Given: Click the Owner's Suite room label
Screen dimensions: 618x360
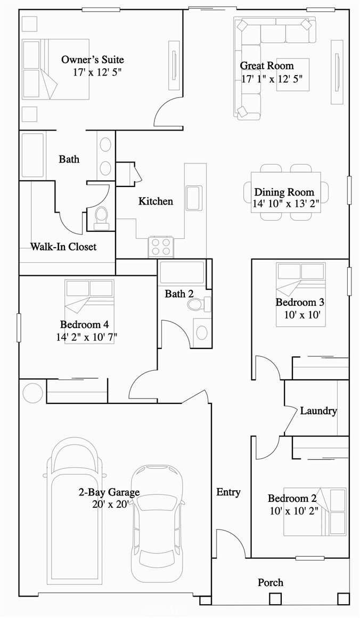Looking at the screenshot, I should (x=93, y=59).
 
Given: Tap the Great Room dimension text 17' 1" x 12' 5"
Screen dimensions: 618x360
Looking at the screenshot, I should (x=272, y=78).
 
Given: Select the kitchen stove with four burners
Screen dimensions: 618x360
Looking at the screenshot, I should (x=161, y=247).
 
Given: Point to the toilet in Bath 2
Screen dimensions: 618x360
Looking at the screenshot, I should (x=198, y=304).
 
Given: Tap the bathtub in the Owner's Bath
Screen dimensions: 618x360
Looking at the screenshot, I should (x=33, y=155).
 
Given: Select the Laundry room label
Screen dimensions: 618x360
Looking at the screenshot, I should (x=318, y=411).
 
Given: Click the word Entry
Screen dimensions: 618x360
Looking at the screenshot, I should (x=228, y=492).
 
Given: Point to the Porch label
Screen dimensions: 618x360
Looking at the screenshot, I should (x=271, y=582).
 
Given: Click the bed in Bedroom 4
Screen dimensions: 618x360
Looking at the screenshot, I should (x=89, y=311).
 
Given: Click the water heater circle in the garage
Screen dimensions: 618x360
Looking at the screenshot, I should (x=32, y=393).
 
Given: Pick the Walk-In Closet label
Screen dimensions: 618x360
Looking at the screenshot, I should (x=63, y=247).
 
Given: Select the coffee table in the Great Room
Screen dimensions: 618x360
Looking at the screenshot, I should (x=292, y=74).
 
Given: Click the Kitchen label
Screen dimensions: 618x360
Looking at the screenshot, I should (x=156, y=201).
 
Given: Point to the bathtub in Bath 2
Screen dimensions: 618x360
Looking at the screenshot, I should (x=182, y=272).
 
